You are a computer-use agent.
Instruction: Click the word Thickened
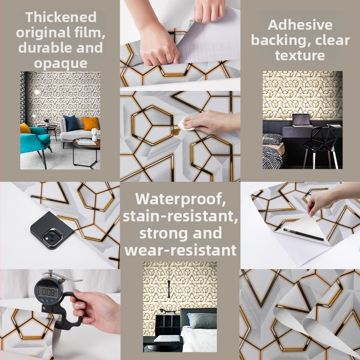coord(61,17)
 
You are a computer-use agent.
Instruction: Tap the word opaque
coord(61,63)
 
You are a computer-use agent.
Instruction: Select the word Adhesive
coord(300,25)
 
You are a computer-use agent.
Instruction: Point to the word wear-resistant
coord(180,250)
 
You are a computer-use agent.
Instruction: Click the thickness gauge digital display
coord(48,292)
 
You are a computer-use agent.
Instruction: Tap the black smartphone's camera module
coord(52,237)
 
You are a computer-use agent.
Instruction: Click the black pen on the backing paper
coord(303,234)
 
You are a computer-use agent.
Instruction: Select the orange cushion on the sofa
coord(90,123)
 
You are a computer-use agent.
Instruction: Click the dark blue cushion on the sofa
coord(71,123)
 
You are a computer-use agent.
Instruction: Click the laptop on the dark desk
coord(301,120)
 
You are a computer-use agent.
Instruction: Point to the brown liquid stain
coord(176,131)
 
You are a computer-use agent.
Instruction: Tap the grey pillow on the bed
coord(202,321)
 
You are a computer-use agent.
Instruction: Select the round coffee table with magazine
coord(86,152)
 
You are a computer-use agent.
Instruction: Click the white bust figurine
coord(95,135)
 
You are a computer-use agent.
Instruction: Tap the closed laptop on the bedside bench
coord(167,338)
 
